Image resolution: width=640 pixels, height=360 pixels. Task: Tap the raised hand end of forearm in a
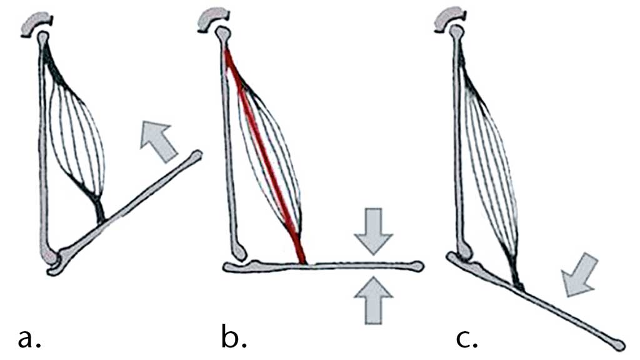(x=196, y=154)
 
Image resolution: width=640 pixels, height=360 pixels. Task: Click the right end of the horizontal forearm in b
(x=417, y=267)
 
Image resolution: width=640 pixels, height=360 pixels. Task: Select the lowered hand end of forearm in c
(x=617, y=344)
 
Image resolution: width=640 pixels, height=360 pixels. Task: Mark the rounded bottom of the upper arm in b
(x=239, y=251)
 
